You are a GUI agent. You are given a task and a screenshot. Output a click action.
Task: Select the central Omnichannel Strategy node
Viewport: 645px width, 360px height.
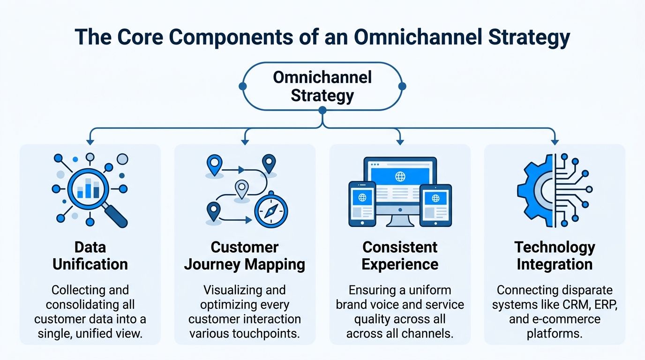tap(322, 86)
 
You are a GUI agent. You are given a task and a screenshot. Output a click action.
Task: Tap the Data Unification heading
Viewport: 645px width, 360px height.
tap(90, 255)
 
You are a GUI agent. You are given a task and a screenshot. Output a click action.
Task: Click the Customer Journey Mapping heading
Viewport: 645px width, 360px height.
tap(244, 255)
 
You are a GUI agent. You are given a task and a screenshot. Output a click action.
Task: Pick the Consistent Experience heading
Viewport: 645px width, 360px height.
tap(400, 255)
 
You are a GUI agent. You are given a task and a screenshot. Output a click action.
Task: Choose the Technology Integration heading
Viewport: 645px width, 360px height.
tap(555, 255)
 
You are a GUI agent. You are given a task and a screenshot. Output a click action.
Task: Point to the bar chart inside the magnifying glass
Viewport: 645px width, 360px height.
tap(88, 189)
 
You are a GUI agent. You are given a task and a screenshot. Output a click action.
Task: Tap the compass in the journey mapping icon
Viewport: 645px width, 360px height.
tap(270, 211)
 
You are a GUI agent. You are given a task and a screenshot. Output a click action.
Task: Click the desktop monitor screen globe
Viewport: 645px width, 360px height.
tap(400, 177)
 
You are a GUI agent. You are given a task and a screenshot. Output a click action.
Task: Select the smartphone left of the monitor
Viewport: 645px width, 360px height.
tap(362, 203)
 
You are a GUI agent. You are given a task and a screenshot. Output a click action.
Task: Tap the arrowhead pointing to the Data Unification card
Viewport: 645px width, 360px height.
tap(90, 141)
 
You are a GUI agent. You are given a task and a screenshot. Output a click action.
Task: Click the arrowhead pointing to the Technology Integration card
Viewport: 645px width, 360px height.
tap(555, 141)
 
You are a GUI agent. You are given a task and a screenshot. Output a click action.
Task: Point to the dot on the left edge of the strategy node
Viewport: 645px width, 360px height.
tap(242, 86)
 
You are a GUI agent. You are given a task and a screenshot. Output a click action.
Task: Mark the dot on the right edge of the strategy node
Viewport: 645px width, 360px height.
tap(402, 86)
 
